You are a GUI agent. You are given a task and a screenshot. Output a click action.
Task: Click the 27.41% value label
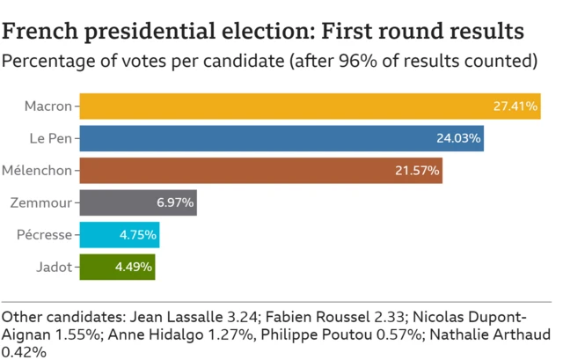tap(515, 107)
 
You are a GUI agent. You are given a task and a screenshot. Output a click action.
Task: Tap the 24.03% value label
tap(458, 138)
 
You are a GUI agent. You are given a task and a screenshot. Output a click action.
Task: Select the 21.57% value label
tap(417, 170)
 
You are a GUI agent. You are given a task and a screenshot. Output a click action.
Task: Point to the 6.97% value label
tap(175, 202)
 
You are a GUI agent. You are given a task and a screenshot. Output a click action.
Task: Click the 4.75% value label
tap(138, 234)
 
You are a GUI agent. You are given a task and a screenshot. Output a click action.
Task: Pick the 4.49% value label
tap(135, 266)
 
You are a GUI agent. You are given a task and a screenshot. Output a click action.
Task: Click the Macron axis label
tap(48, 107)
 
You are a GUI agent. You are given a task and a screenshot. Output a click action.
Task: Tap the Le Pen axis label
tap(51, 138)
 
